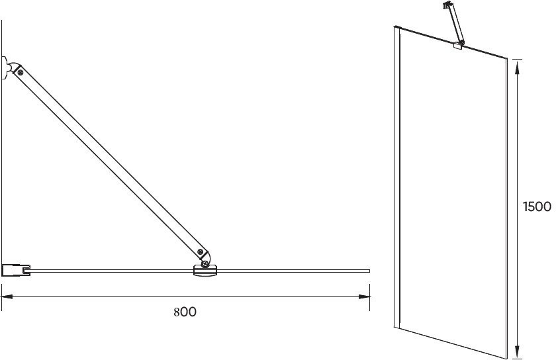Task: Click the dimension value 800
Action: [x=185, y=312]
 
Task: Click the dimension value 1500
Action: [x=537, y=206]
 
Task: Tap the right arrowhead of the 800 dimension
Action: [x=366, y=296]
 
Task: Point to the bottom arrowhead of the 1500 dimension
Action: [x=517, y=353]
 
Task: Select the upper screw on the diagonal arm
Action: [x=21, y=73]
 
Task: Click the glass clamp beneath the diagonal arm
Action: [x=205, y=269]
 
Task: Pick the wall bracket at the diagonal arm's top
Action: [x=6, y=67]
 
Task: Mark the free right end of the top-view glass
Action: [x=368, y=270]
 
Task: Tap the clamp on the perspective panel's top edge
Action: [x=458, y=46]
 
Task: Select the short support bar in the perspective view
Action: [x=453, y=24]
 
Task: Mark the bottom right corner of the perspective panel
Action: [x=507, y=357]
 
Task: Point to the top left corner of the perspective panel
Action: [x=396, y=27]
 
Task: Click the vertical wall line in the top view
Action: [x=2, y=165]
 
